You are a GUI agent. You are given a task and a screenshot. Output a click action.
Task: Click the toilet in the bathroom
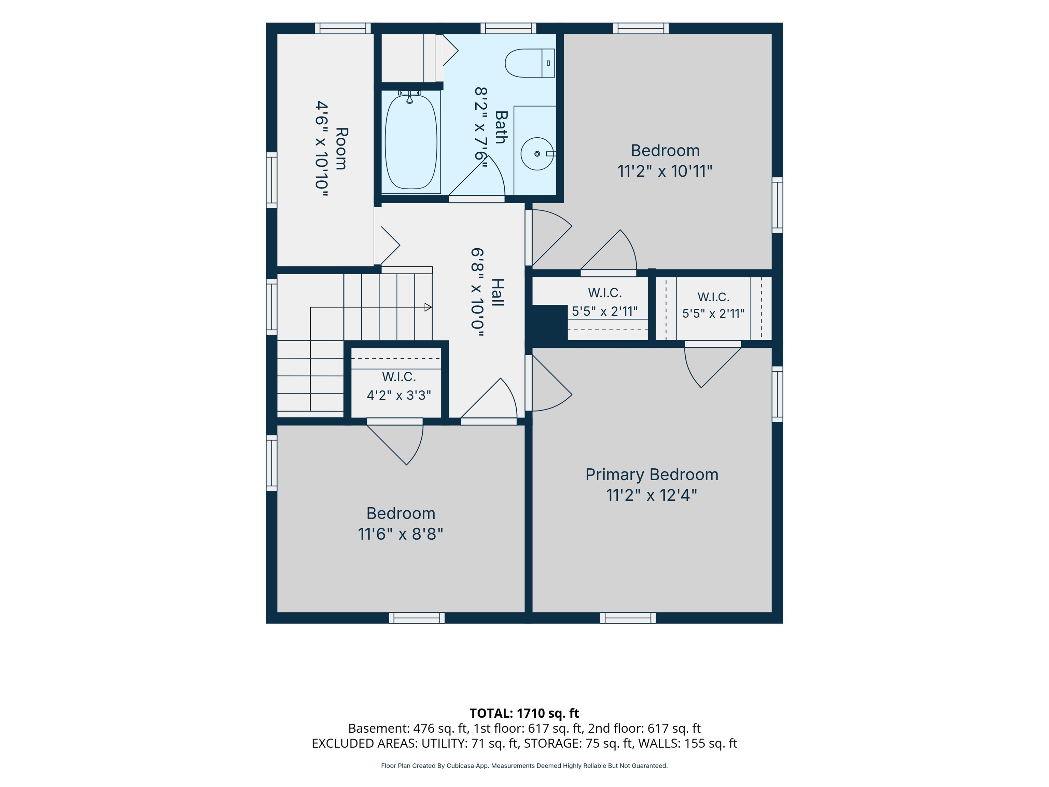530,63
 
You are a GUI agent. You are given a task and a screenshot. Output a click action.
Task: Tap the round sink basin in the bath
537,154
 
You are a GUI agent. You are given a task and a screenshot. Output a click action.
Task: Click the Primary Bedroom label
652,474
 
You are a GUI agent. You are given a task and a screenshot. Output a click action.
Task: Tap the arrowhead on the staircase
428,307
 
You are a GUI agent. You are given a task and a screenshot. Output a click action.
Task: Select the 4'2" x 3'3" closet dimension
399,395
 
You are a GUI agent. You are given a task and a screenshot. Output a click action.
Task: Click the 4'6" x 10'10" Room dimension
322,149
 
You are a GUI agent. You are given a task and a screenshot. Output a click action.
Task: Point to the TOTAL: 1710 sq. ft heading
524,714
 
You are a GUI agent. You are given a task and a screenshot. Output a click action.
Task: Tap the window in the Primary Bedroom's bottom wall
628,618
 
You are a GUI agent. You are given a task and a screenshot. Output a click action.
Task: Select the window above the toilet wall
508,28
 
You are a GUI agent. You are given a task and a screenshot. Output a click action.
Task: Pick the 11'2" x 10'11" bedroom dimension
665,171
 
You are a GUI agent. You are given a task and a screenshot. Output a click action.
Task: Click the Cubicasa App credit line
524,766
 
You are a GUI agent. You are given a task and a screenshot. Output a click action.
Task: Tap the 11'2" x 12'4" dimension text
652,495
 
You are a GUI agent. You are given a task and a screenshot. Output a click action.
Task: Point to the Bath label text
501,127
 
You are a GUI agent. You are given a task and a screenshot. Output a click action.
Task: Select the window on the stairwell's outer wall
271,307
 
